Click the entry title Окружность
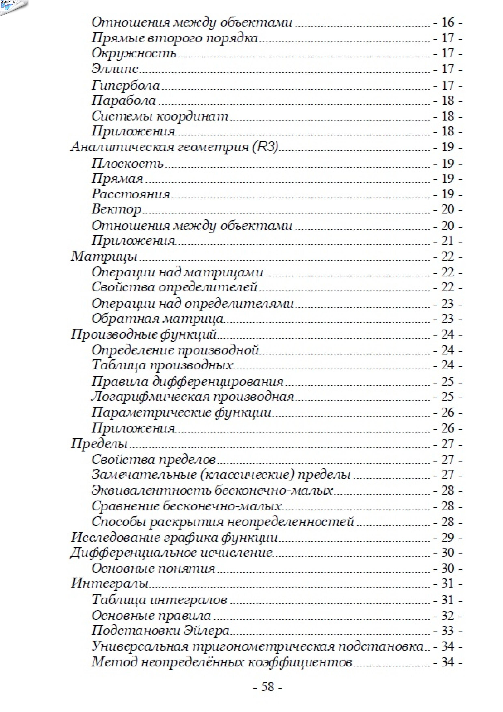click(x=134, y=53)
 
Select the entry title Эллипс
click(x=115, y=69)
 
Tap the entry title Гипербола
click(x=126, y=85)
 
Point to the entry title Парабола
click(x=123, y=100)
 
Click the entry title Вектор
click(x=116, y=209)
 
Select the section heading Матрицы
click(x=104, y=257)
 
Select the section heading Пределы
click(x=99, y=444)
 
